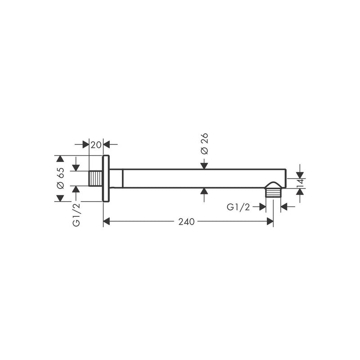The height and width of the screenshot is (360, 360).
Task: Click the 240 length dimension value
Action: tap(186, 222)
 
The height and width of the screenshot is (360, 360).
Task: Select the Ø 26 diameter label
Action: tap(204, 144)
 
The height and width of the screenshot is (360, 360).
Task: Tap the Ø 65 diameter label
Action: tap(61, 178)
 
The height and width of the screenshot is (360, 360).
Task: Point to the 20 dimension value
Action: tap(96, 145)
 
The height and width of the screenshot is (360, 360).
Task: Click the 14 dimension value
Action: tap(301, 182)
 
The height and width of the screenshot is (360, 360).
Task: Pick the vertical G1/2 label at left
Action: tap(76, 215)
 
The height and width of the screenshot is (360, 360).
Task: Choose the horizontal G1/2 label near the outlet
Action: tap(238, 207)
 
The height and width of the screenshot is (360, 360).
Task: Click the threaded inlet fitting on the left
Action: tap(95, 178)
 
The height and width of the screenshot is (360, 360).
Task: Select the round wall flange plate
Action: tap(106, 178)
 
